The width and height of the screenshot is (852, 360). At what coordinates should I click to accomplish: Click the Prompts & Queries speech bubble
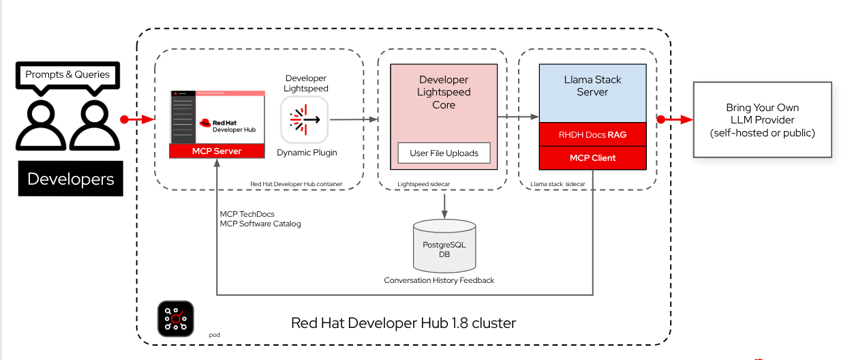(x=67, y=74)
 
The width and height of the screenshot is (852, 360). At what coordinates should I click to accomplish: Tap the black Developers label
(x=70, y=179)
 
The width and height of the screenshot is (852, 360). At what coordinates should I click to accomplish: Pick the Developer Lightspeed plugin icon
(x=305, y=119)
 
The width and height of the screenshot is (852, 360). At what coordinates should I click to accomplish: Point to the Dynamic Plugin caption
(x=307, y=153)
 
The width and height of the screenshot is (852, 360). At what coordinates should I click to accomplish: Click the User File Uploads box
(x=444, y=153)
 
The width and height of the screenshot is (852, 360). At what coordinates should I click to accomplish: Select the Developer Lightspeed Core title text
(x=444, y=93)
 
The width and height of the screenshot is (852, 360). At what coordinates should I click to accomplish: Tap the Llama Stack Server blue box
(x=592, y=93)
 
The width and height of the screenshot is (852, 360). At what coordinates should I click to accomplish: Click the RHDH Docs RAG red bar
(x=592, y=134)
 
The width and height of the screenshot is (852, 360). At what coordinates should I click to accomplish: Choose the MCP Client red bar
(x=592, y=157)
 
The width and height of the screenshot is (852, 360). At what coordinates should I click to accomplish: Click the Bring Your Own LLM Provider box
(x=762, y=120)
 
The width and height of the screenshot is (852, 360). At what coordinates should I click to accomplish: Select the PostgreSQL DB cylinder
(x=444, y=245)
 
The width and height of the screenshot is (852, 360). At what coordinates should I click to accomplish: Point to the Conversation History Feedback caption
(x=439, y=280)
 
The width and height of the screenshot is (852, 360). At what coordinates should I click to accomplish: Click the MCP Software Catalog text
(x=260, y=224)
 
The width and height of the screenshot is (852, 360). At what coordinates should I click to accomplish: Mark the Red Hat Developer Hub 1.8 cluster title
(x=404, y=322)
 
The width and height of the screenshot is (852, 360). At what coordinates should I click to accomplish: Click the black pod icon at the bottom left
(x=176, y=318)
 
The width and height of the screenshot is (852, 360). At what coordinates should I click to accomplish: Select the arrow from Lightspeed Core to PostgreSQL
(x=444, y=204)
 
